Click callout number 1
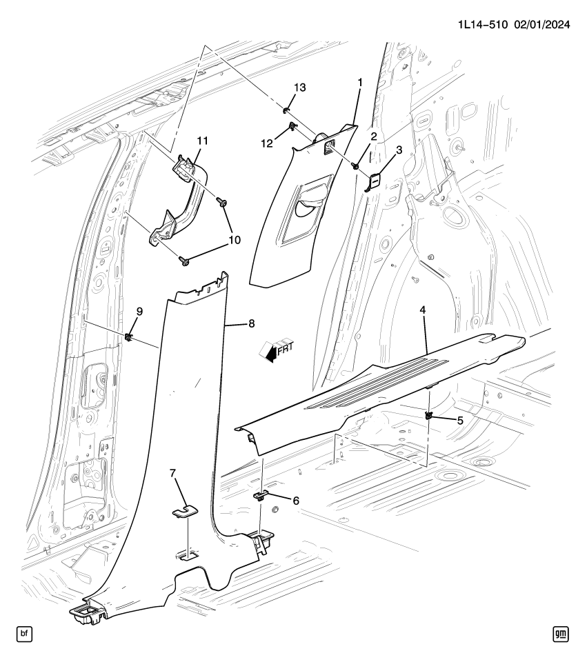tap(359, 82)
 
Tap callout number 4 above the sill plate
tap(422, 311)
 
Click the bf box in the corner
tap(25, 632)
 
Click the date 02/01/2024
tap(541, 25)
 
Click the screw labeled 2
tap(355, 166)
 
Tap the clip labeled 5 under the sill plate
tap(429, 416)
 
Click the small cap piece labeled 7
tap(184, 510)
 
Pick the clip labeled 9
tap(129, 337)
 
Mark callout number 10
tap(234, 239)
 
